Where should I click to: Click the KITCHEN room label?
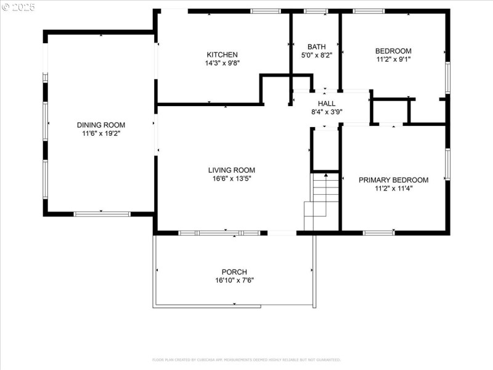tap(222, 55)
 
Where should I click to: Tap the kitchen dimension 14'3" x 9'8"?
tap(222, 63)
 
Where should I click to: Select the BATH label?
tap(317, 47)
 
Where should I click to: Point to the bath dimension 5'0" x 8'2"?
tap(317, 55)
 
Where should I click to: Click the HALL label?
tap(327, 104)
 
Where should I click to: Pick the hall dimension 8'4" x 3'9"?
tap(327, 112)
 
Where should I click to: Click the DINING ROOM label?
tap(101, 125)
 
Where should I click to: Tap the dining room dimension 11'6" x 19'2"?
tap(101, 133)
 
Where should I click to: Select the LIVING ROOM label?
tap(231, 170)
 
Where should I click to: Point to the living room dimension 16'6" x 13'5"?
tap(231, 178)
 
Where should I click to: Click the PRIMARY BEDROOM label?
tap(393, 180)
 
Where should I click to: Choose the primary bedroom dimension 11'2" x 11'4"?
tap(393, 188)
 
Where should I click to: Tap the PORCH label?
tap(234, 272)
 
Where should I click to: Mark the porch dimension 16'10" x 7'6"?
tap(234, 280)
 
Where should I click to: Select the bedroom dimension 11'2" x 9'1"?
tap(393, 59)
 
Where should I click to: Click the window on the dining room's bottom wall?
tap(102, 214)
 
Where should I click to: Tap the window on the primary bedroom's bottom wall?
tap(378, 232)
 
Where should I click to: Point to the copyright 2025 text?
tap(18, 7)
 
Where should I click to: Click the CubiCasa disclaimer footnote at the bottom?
tap(246, 360)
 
